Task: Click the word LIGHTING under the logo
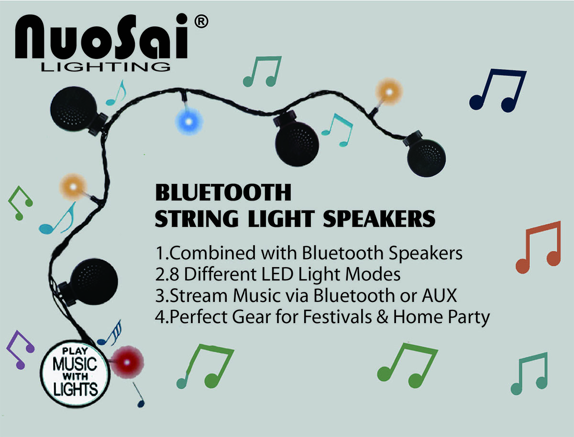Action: (x=106, y=67)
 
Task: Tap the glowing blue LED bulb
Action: (x=189, y=122)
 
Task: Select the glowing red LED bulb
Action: (x=127, y=362)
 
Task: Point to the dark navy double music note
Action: (x=498, y=90)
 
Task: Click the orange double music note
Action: (x=539, y=247)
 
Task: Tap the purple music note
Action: (x=21, y=350)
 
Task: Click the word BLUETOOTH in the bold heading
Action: (x=223, y=192)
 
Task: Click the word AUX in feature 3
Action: (x=439, y=296)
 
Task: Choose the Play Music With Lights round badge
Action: (x=75, y=373)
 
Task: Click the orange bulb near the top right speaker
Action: (x=389, y=92)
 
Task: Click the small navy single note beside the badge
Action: (x=139, y=394)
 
